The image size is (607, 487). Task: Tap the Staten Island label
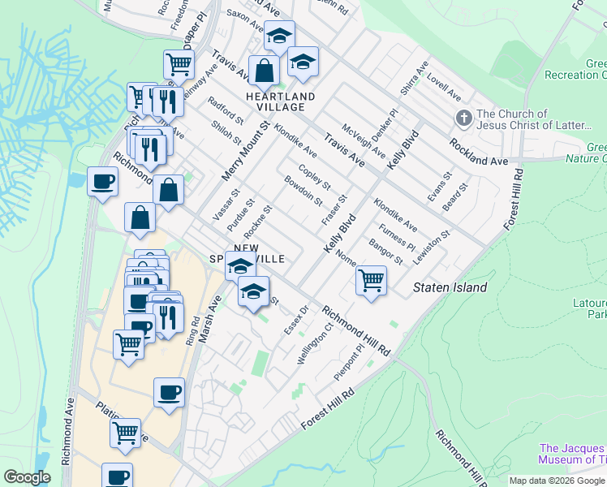point(450,287)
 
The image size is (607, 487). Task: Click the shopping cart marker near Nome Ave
point(371,281)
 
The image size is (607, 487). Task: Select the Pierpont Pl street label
point(350,364)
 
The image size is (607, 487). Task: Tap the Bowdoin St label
point(304,191)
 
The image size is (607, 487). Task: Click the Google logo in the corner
point(28,477)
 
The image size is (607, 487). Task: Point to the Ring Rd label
point(193,333)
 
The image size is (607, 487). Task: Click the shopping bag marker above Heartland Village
point(264,71)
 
